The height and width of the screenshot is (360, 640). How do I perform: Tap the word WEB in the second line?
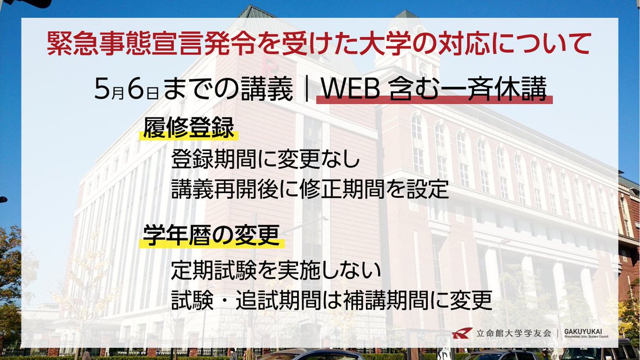click(346, 90)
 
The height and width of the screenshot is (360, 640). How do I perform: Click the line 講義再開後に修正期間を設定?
click(310, 189)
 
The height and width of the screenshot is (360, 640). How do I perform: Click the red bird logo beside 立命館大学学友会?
click(461, 333)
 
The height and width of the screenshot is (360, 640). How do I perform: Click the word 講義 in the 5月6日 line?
click(271, 90)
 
